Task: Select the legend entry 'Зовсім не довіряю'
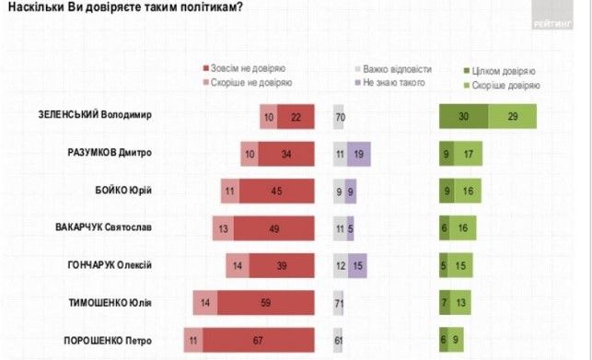(x=244, y=69)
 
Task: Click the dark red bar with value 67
(x=259, y=339)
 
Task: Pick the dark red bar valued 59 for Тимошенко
(x=266, y=302)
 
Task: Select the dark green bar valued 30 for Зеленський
(x=463, y=116)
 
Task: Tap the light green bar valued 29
(x=512, y=116)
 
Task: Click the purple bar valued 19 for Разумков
(x=358, y=153)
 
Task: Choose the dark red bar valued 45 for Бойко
(x=277, y=191)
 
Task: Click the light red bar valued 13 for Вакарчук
(x=222, y=227)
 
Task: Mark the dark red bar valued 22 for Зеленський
(x=296, y=116)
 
